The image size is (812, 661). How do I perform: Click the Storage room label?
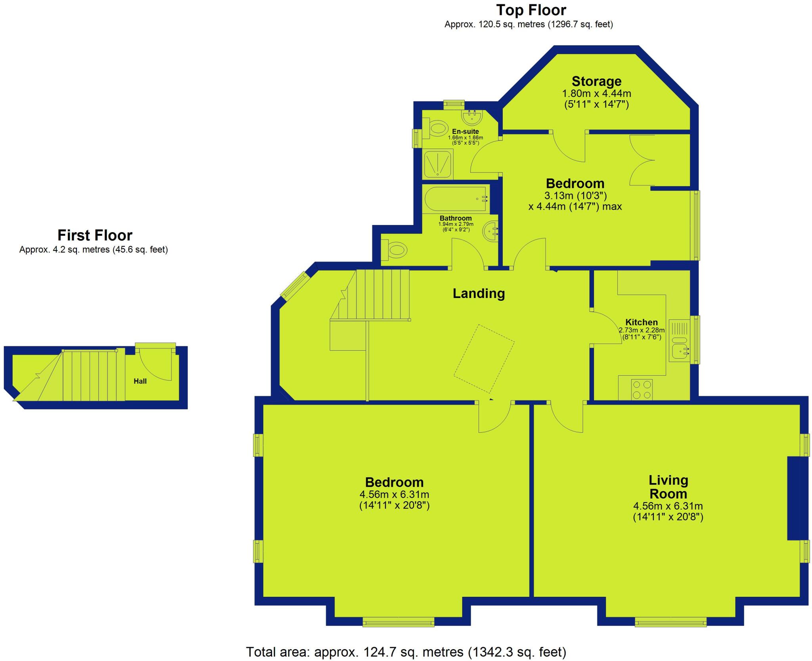pos(596,81)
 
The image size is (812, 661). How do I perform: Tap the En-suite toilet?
pos(437,128)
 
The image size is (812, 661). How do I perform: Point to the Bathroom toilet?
pos(397,250)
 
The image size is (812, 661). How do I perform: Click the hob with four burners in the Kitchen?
pos(641,389)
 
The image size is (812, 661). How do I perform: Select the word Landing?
pos(479,294)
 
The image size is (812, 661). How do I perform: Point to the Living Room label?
pos(668,487)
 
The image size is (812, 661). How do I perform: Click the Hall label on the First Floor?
pos(140,381)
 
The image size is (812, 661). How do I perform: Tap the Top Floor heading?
pos(531,10)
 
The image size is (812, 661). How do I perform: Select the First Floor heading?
pos(95,235)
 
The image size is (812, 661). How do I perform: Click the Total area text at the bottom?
pos(406,651)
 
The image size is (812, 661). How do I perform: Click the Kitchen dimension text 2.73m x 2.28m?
pos(642,330)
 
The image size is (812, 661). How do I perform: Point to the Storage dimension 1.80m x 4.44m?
pos(596,94)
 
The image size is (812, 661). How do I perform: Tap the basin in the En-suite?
pos(472,117)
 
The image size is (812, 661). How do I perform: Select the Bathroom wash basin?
pos(490,231)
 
